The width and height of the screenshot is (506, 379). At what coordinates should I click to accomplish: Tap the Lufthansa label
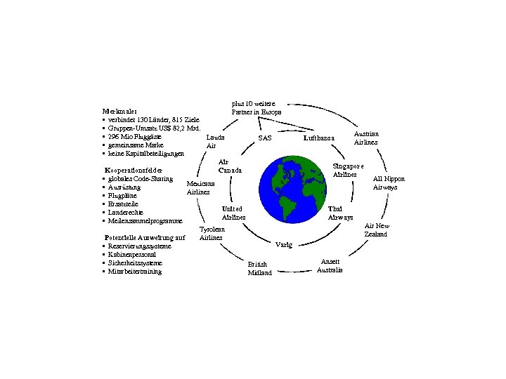[319, 138]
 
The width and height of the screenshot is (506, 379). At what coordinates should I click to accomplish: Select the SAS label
[265, 138]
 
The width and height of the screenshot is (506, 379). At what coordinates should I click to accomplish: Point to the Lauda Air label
[215, 142]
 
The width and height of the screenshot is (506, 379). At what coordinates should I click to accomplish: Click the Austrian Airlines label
[366, 138]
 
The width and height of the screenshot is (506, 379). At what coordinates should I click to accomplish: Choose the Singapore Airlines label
[348, 170]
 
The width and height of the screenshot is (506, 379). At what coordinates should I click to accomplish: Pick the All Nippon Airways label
[389, 183]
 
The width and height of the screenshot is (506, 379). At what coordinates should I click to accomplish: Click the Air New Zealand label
[376, 230]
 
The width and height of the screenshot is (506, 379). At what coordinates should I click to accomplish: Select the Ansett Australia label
[330, 265]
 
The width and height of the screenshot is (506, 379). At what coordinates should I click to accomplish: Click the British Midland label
[259, 268]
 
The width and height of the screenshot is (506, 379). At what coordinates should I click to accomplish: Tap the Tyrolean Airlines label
[212, 234]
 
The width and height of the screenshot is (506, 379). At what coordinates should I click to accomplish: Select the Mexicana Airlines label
[198, 187]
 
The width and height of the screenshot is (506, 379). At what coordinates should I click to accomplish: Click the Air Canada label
[229, 166]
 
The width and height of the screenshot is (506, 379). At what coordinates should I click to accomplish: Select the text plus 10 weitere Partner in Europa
[257, 107]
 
